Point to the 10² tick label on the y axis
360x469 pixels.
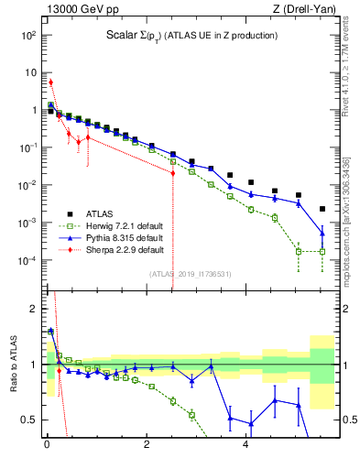[x=27, y=35]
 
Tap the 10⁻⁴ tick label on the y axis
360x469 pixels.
[x=27, y=260]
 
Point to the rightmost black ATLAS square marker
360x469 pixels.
[x=322, y=209]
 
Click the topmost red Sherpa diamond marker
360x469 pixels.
[x=50, y=82]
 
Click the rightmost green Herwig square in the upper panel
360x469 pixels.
[x=322, y=251]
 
